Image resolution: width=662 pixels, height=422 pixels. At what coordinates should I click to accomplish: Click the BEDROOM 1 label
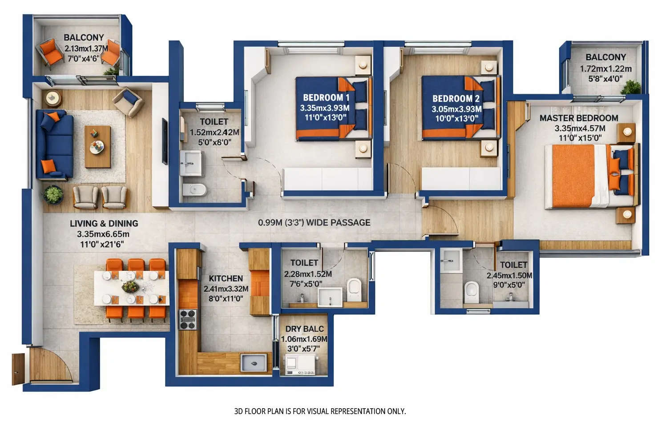click(x=326, y=97)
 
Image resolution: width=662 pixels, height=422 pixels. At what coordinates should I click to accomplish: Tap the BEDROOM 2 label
click(x=456, y=99)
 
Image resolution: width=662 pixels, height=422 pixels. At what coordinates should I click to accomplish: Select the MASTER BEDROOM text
click(x=578, y=118)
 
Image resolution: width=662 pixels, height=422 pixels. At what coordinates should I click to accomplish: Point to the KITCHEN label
click(x=226, y=278)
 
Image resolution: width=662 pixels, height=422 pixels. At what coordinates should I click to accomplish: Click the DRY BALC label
click(x=304, y=329)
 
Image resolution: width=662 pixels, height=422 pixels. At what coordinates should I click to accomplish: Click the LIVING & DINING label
click(x=104, y=223)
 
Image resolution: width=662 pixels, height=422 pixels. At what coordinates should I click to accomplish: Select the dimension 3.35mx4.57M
click(x=579, y=128)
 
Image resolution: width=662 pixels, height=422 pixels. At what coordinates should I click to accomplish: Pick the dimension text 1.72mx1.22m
click(x=605, y=68)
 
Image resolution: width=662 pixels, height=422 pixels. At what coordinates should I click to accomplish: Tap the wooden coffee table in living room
click(x=97, y=146)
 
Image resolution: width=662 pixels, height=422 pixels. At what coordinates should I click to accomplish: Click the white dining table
click(x=131, y=288)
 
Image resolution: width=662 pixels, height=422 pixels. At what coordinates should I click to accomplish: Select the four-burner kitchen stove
click(x=187, y=319)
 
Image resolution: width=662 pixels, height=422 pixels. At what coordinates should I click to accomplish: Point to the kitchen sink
click(x=253, y=362)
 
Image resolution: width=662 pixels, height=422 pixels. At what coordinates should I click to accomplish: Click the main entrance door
click(x=18, y=368)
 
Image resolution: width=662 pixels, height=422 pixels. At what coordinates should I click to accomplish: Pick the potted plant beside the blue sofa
click(x=53, y=195)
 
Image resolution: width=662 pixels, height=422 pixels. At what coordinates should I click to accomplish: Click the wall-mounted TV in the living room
click(x=164, y=141)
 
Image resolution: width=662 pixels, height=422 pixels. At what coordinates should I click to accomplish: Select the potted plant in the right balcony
click(x=631, y=87)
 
